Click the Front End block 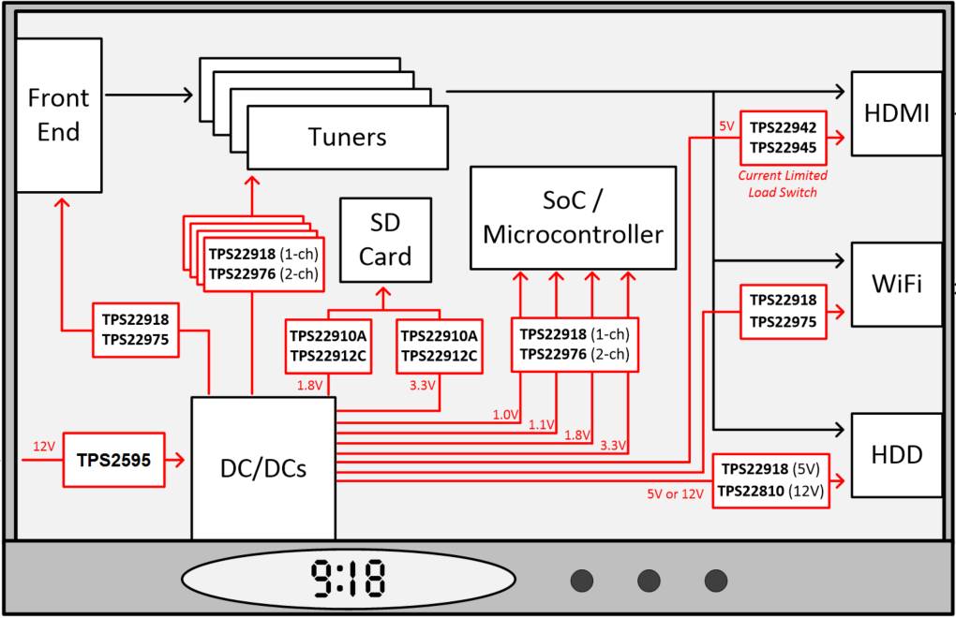(58, 114)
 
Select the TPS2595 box (113, 460)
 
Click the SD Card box (385, 240)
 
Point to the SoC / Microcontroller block (573, 217)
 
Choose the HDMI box (896, 113)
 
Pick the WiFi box (896, 284)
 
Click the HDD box (896, 455)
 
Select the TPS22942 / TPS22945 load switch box (783, 138)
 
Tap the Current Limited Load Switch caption (783, 184)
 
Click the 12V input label (44, 447)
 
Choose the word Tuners (347, 137)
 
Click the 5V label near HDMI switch (726, 125)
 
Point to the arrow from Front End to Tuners (150, 95)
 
